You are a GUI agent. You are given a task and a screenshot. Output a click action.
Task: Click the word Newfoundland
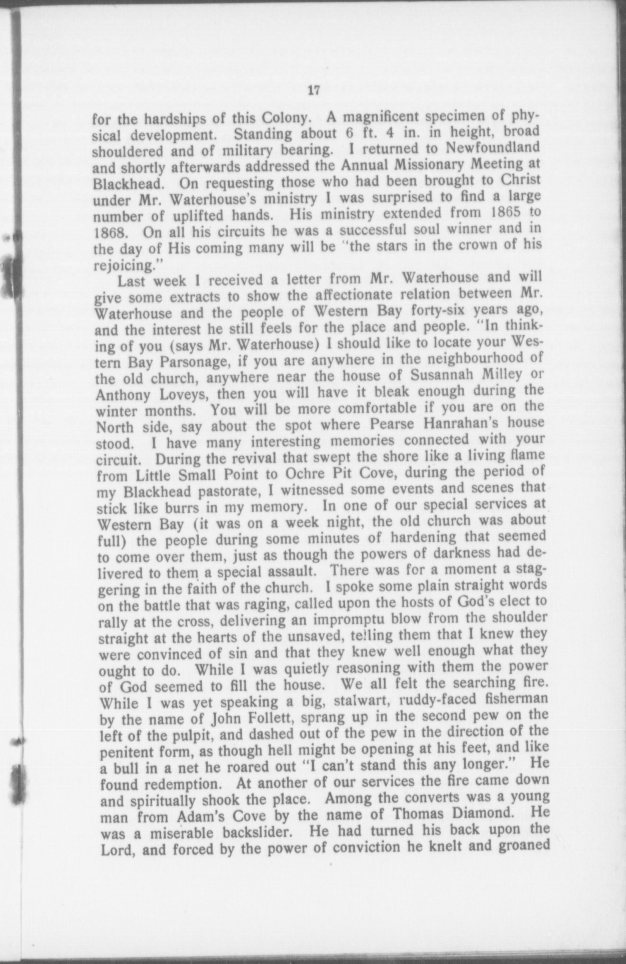pyautogui.click(x=492, y=148)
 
